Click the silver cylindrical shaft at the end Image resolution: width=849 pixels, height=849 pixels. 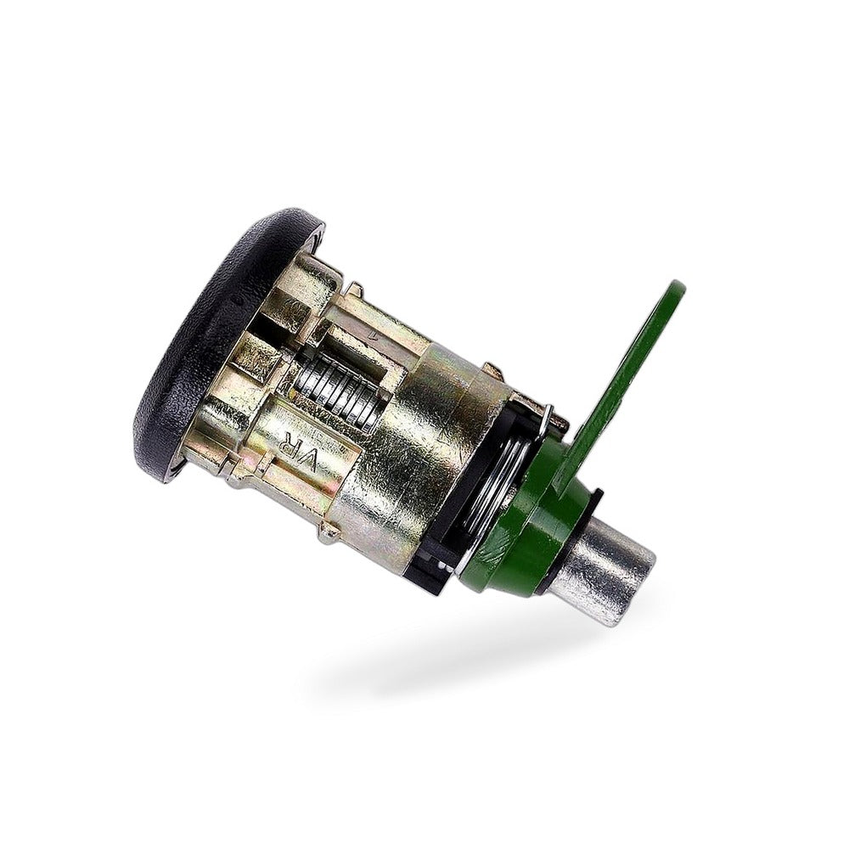point(617,569)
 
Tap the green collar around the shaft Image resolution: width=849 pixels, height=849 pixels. point(533,520)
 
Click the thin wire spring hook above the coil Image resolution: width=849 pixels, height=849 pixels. point(547,418)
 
